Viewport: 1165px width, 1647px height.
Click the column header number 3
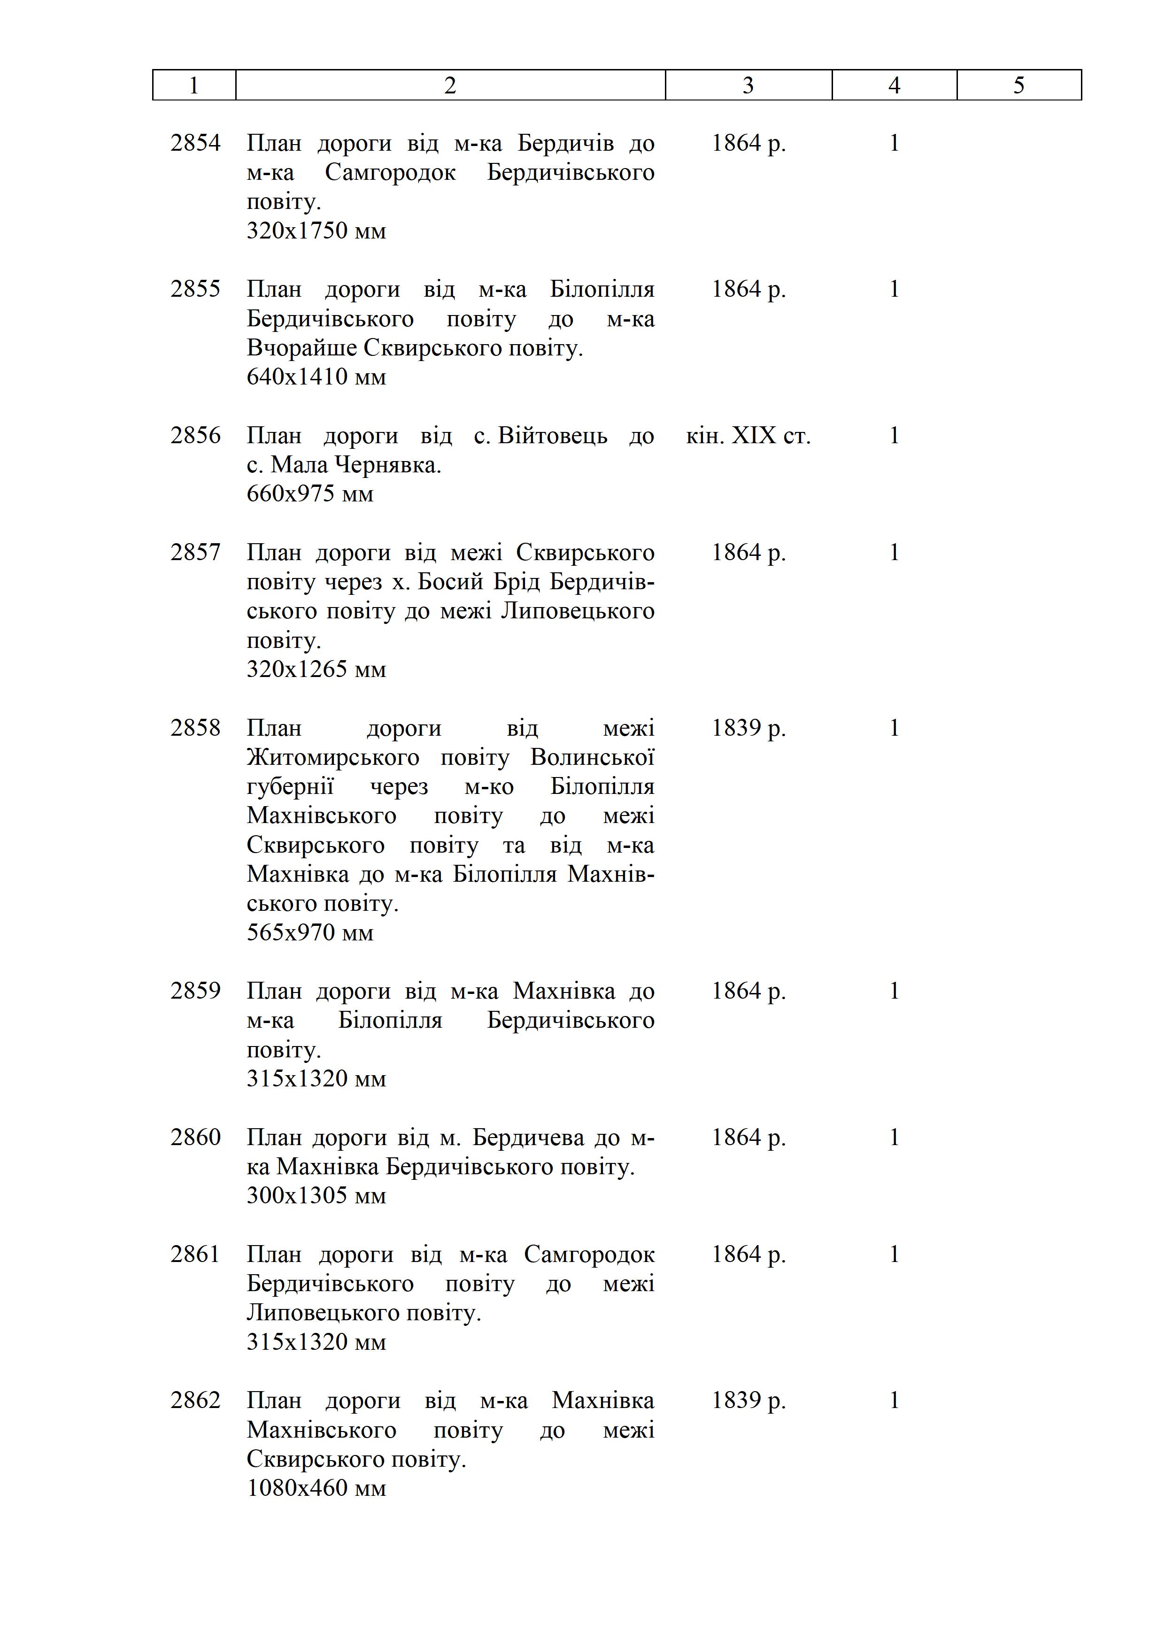[x=748, y=85]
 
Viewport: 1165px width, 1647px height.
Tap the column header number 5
[x=1018, y=85]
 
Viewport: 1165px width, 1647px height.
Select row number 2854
[x=195, y=143]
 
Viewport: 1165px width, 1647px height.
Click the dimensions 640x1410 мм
[x=316, y=377]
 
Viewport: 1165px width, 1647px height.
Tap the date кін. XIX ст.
[x=748, y=435]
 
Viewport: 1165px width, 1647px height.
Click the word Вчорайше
[x=302, y=348]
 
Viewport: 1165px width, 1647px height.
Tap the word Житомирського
[x=333, y=757]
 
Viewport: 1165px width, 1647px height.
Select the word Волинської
[x=593, y=757]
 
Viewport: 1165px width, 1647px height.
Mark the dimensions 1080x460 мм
[x=316, y=1488]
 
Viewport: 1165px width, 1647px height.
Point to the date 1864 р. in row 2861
[x=748, y=1254]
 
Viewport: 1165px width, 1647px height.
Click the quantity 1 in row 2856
[x=894, y=435]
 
